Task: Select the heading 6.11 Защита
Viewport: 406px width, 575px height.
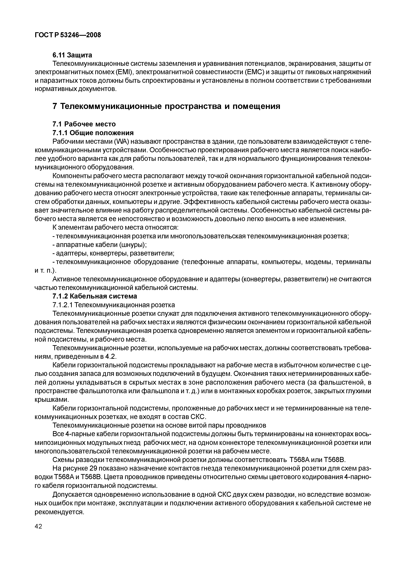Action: (72, 55)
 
